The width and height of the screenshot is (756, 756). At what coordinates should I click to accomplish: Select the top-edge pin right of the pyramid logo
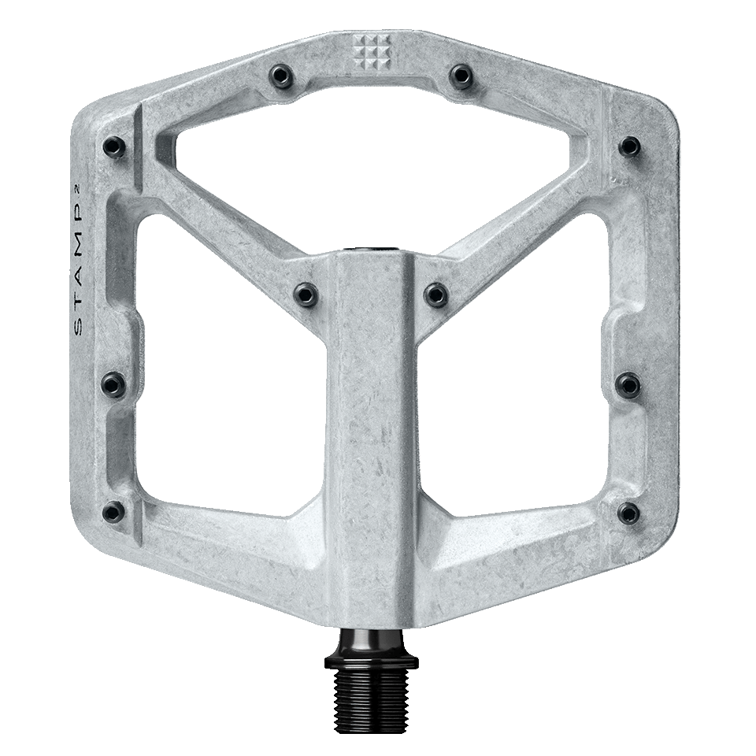point(461,75)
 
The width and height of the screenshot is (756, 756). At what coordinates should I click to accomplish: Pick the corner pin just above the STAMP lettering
point(113,146)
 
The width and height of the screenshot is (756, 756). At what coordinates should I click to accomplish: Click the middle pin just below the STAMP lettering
point(113,384)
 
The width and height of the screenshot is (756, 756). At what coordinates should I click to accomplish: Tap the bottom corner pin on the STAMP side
point(113,512)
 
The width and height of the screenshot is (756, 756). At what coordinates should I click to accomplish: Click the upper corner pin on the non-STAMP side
point(629,146)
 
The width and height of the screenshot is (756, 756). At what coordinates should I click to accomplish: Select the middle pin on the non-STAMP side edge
point(628,384)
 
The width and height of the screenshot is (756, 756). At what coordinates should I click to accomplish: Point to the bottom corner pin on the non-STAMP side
point(628,513)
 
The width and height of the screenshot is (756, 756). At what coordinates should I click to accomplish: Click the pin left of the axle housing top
point(305,294)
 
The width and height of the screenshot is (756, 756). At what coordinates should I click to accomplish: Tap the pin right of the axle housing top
point(435,295)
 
